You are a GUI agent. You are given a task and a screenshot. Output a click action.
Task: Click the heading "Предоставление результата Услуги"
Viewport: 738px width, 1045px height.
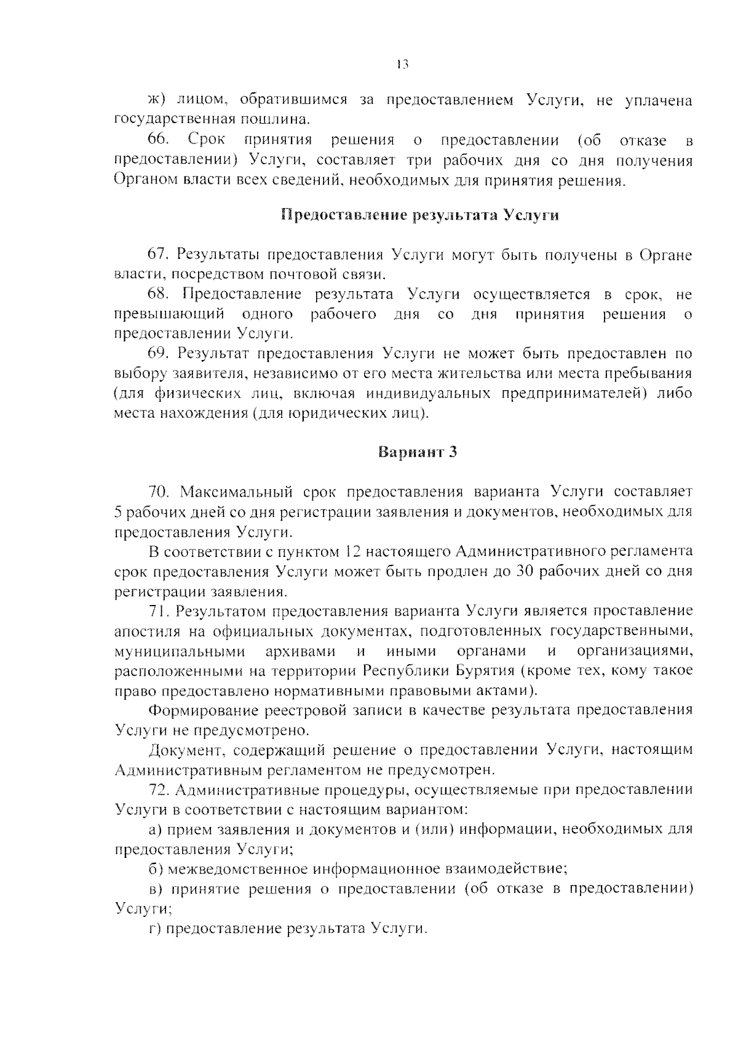[x=419, y=215]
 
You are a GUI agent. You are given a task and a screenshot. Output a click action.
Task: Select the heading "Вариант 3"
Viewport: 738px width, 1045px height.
[x=418, y=452]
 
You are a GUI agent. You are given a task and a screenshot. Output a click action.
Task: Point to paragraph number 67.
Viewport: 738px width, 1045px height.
[x=159, y=255]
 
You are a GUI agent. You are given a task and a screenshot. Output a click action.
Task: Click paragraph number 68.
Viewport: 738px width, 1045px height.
[x=159, y=294]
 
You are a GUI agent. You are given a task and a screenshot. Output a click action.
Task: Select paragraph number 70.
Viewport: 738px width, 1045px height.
[x=159, y=492]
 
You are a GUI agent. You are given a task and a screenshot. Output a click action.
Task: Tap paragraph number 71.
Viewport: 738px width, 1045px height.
[x=159, y=611]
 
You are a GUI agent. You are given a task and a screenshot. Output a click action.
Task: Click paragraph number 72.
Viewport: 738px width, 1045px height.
[x=159, y=790]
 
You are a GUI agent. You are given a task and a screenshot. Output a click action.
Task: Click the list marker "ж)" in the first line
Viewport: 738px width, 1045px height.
[x=159, y=101]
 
